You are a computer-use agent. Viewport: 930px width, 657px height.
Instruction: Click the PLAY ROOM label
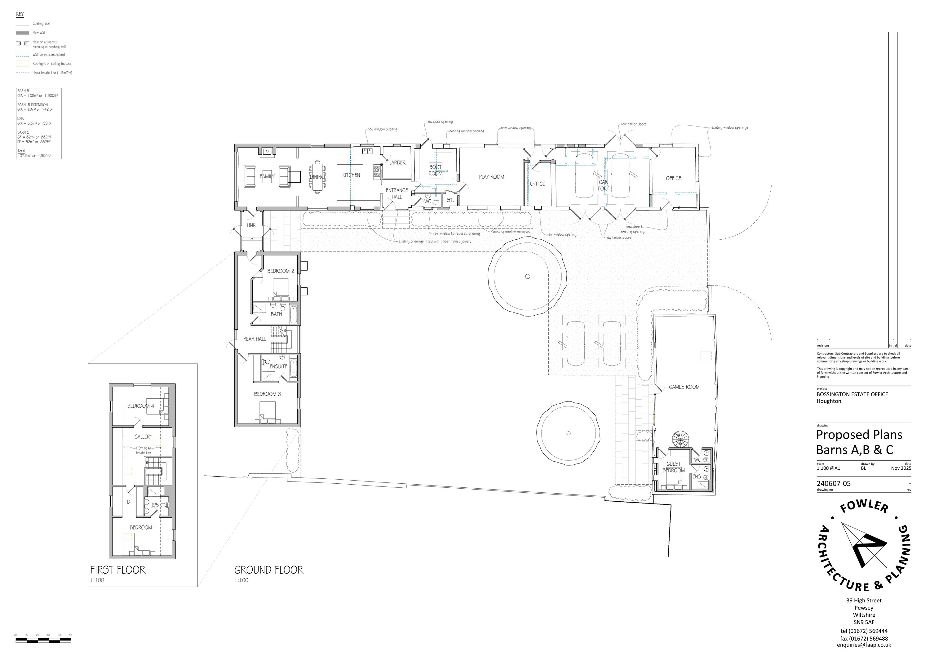click(x=491, y=177)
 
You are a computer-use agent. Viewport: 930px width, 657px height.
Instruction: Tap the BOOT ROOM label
click(x=436, y=170)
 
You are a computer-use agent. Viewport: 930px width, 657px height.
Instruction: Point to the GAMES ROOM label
click(x=684, y=387)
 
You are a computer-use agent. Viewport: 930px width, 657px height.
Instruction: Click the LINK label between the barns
click(x=251, y=225)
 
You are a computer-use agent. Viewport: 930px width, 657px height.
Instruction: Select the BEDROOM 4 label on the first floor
click(x=140, y=406)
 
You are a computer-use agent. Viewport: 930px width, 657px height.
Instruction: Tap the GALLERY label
click(x=144, y=437)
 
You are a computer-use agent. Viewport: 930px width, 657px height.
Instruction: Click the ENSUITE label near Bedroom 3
click(x=278, y=366)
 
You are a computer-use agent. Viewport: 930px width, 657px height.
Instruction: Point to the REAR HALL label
click(x=255, y=339)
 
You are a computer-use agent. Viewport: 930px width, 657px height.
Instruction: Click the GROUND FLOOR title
click(x=268, y=570)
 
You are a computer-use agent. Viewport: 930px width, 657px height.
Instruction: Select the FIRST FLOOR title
click(x=118, y=570)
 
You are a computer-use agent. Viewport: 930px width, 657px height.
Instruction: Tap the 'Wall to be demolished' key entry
click(x=49, y=55)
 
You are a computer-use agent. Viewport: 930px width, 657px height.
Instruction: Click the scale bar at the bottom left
click(x=43, y=640)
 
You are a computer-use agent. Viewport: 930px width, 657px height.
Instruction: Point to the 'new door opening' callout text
click(x=440, y=122)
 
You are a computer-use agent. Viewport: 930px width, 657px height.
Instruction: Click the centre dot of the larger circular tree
click(x=527, y=277)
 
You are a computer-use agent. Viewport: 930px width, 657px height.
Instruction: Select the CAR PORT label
click(x=603, y=185)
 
